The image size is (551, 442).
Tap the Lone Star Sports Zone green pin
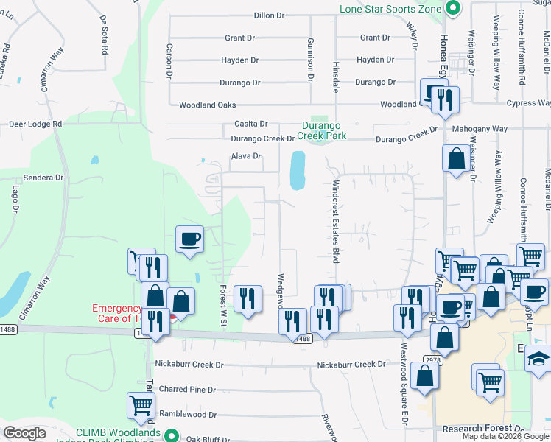pyautogui.click(x=453, y=10)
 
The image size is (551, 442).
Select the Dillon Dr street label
pyautogui.click(x=269, y=15)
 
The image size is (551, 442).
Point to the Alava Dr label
pyautogui.click(x=247, y=156)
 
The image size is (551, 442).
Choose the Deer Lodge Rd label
pyautogui.click(x=35, y=124)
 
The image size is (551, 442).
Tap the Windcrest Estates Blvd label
pyautogui.click(x=335, y=221)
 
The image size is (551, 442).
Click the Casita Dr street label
pyautogui.click(x=250, y=124)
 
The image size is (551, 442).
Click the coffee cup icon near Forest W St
pyautogui.click(x=189, y=239)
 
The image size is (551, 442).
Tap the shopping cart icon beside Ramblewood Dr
pyautogui.click(x=141, y=404)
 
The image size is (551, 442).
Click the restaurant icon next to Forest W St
pyautogui.click(x=247, y=298)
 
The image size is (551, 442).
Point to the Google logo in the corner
pyautogui.click(x=25, y=433)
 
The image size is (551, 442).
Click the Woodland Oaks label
pyautogui.click(x=207, y=105)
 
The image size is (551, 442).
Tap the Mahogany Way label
pyautogui.click(x=480, y=129)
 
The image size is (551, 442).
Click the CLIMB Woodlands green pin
pyautogui.click(x=172, y=436)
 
